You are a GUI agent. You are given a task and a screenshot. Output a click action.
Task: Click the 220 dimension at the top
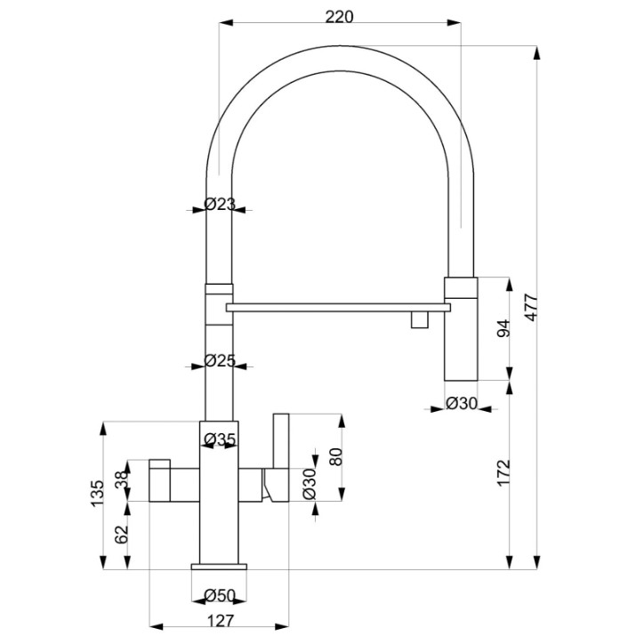(339, 17)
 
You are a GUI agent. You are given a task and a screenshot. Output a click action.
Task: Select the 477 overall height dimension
(531, 308)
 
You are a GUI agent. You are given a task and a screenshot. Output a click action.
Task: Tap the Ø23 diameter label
(220, 204)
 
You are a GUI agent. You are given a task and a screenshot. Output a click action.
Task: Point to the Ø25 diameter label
(220, 360)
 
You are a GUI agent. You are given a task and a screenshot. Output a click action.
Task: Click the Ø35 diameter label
(220, 439)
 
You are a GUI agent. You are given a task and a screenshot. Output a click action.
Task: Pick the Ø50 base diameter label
(220, 596)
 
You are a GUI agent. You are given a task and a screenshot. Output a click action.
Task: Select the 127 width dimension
(221, 621)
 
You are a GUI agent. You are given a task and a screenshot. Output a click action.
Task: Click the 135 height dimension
(97, 493)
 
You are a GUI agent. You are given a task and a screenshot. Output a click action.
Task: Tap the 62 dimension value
(121, 535)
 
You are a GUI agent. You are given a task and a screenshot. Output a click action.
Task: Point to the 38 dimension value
(121, 480)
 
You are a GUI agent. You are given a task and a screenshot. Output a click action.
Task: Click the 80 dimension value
(336, 456)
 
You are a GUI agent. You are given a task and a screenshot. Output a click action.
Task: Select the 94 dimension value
(503, 328)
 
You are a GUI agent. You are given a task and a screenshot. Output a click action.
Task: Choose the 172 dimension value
(503, 473)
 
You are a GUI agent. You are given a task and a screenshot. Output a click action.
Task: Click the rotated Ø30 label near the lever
(309, 484)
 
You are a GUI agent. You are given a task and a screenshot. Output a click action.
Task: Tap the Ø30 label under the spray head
(462, 403)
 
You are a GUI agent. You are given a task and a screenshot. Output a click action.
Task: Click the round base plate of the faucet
(219, 567)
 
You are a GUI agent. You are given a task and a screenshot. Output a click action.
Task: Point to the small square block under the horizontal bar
(419, 319)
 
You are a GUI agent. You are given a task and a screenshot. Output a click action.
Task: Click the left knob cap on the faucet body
(159, 464)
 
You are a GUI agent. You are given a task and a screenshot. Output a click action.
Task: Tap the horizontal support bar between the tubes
(338, 308)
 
